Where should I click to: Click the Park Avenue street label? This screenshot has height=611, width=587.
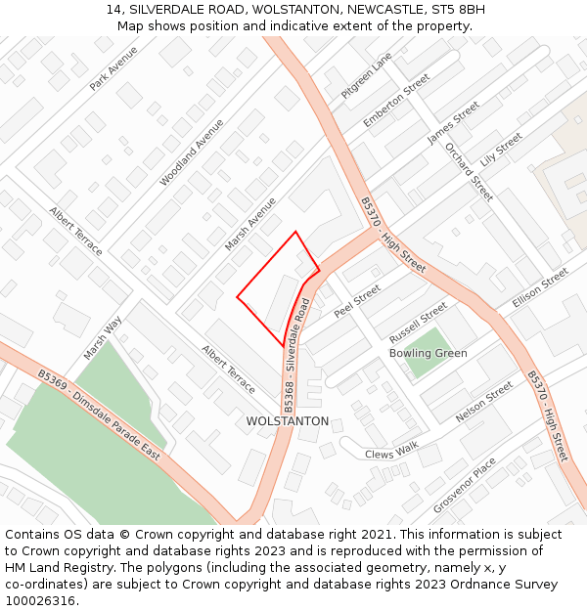(113, 68)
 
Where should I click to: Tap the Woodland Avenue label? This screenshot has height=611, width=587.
(192, 152)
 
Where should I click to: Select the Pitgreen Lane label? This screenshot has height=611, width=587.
(366, 74)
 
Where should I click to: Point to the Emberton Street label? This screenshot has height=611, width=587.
(396, 100)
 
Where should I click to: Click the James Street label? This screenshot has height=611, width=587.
(453, 122)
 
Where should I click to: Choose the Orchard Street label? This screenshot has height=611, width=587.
(469, 172)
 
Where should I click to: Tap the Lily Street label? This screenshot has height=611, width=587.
(501, 150)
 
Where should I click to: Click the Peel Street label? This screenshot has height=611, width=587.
(356, 301)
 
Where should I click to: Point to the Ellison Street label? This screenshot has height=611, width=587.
(540, 288)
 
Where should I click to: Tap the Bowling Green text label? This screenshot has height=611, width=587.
(429, 353)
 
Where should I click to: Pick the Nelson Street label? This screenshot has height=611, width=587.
(484, 402)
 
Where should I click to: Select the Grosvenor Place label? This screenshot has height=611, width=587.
(465, 485)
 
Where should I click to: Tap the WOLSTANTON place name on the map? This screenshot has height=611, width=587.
(288, 421)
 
